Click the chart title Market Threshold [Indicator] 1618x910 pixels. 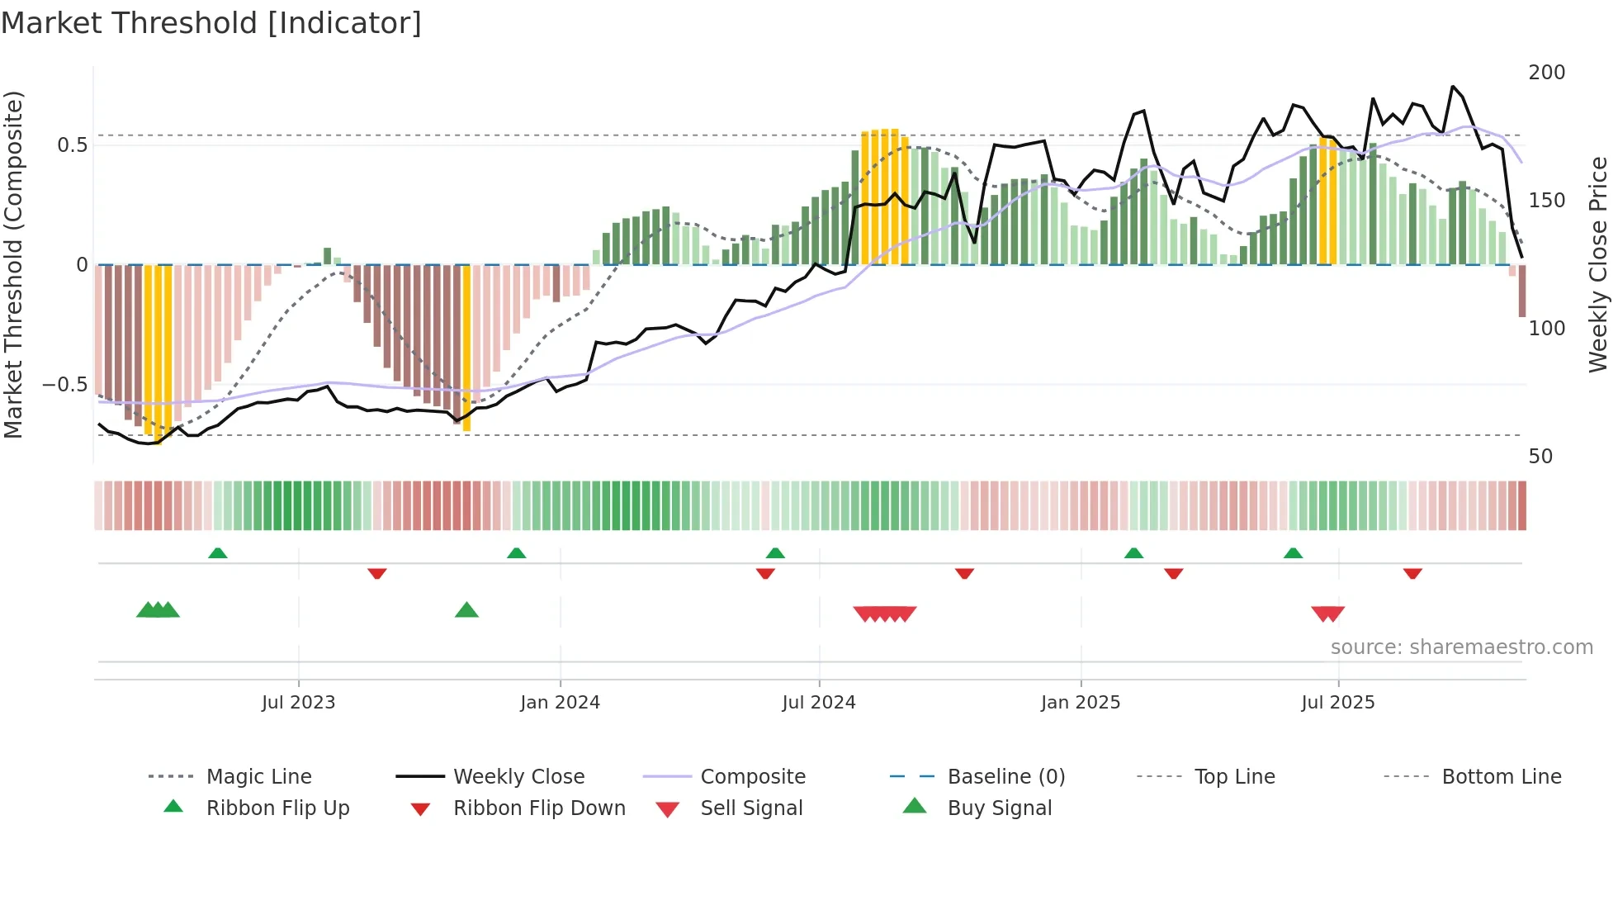[x=211, y=23]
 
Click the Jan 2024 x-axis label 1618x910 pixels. [x=560, y=703]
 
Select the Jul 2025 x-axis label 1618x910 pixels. [x=1337, y=703]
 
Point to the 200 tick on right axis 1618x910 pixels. [x=1546, y=73]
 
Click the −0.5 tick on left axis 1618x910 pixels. [x=64, y=385]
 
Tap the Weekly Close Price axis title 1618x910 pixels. [x=1598, y=264]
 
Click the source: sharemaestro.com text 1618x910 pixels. [x=1461, y=647]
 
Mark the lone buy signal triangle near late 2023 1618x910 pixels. [x=466, y=610]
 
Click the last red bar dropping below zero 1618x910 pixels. [x=1521, y=290]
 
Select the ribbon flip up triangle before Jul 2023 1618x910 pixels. [x=217, y=552]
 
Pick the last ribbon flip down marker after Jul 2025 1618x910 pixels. [x=1412, y=573]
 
